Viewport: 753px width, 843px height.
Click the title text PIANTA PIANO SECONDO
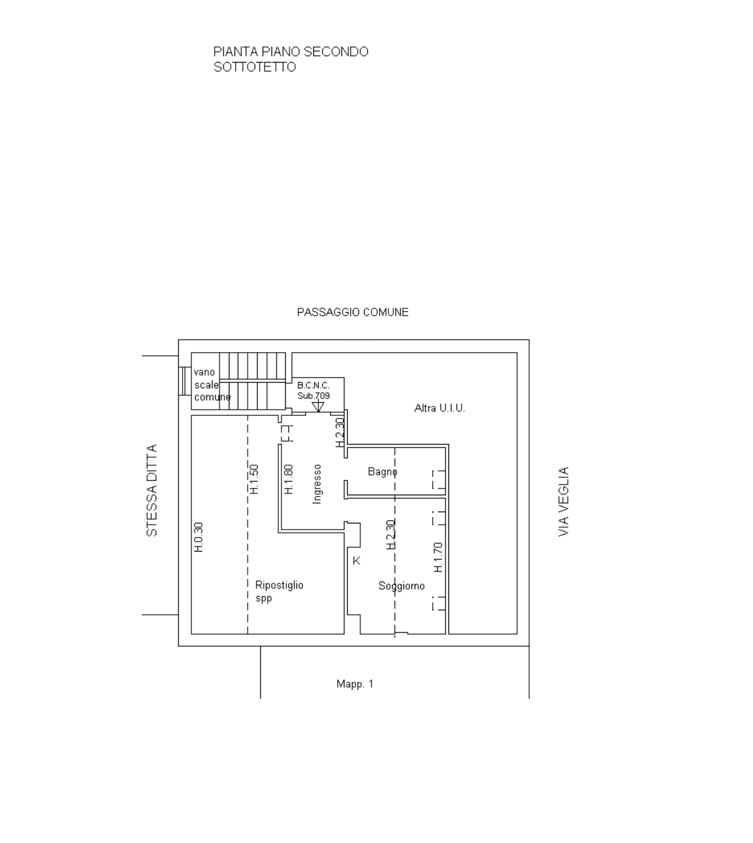[x=291, y=52]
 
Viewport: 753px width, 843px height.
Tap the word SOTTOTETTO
[x=255, y=67]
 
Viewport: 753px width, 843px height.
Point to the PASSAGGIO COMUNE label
[x=353, y=312]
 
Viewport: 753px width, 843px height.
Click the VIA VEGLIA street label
[x=563, y=502]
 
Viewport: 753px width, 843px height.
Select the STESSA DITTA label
[x=152, y=490]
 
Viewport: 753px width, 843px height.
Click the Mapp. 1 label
[x=355, y=684]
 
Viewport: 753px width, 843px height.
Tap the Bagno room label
[x=383, y=472]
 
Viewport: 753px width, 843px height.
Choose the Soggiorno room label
[x=402, y=586]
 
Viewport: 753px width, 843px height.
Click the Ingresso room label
[x=316, y=484]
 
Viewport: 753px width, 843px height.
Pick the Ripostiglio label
[x=279, y=585]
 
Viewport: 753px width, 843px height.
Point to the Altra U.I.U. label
[x=439, y=408]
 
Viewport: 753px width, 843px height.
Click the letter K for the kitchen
[x=356, y=561]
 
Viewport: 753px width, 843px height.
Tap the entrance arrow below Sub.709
[x=318, y=406]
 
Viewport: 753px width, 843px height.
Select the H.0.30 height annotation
[x=199, y=537]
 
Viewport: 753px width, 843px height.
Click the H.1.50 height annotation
[x=254, y=479]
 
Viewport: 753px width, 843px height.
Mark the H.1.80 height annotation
[x=288, y=479]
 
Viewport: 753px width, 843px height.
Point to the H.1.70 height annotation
[x=438, y=557]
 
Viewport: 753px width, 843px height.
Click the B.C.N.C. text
[x=313, y=385]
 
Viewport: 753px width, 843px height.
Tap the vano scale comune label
[x=212, y=385]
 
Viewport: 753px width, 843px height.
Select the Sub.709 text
[x=313, y=396]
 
